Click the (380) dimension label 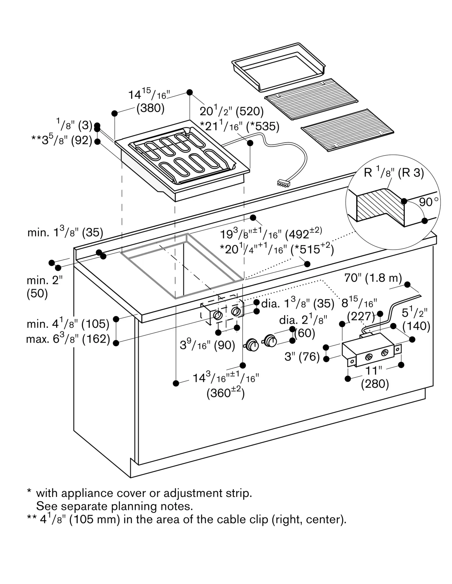click(x=151, y=108)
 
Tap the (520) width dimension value click(x=249, y=112)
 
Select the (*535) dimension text click(x=263, y=126)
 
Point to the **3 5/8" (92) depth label click(x=62, y=140)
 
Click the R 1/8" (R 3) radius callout click(x=394, y=173)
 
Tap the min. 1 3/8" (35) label click(x=65, y=232)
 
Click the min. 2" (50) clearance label click(x=44, y=287)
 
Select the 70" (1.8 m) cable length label click(x=373, y=278)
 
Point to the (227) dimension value click(x=361, y=316)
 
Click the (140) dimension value click(x=416, y=326)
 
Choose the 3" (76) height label click(x=302, y=357)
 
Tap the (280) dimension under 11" click(x=375, y=384)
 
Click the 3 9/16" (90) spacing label click(x=207, y=345)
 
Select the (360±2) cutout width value click(x=226, y=393)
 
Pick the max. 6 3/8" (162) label click(x=68, y=339)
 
